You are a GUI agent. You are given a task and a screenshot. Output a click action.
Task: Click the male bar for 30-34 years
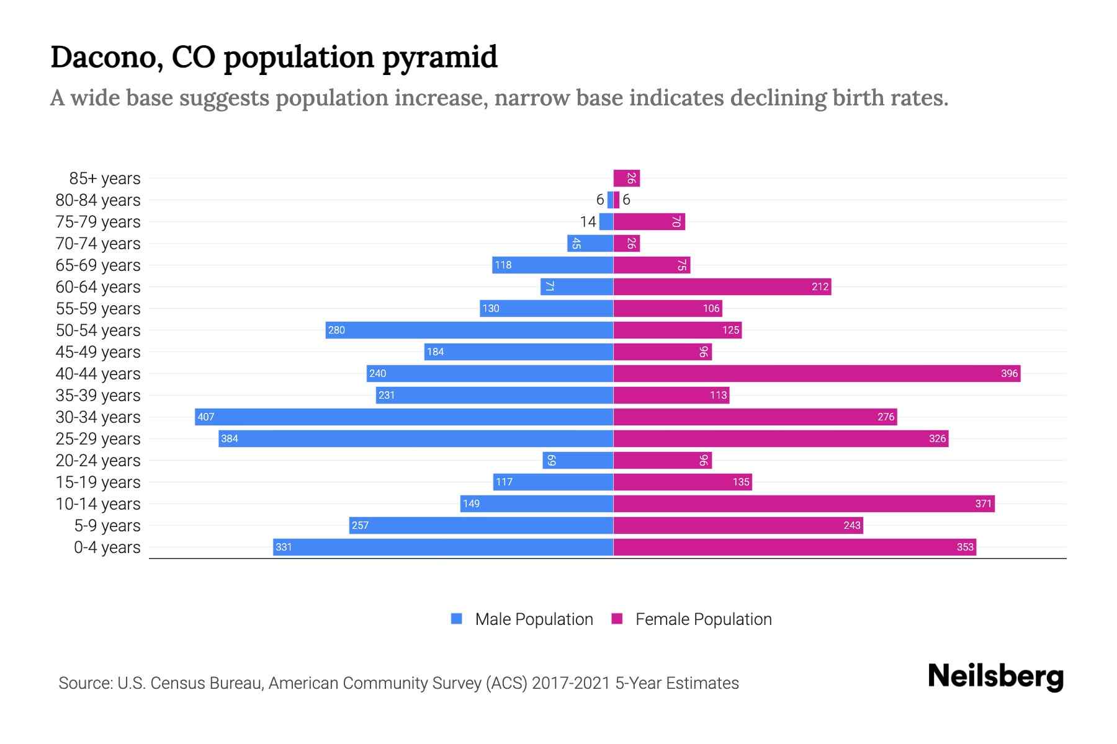(403, 417)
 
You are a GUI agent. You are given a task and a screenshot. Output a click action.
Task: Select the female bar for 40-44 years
(817, 373)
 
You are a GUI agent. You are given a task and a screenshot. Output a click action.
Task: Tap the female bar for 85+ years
(626, 179)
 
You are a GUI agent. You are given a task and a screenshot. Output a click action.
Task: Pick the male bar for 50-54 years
(469, 330)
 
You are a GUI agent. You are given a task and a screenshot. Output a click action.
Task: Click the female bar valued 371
(804, 503)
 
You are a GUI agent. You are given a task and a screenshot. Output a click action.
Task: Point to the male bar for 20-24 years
(578, 460)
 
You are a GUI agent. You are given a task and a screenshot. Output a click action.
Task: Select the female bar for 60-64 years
(722, 286)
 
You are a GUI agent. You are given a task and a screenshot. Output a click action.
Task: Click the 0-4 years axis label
(107, 547)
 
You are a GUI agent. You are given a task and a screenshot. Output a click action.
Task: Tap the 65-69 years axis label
(98, 265)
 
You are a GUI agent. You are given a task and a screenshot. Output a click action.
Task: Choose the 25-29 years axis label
(98, 439)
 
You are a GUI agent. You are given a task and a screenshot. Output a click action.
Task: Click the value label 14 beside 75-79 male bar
(588, 222)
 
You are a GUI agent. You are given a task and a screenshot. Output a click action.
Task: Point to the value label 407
(205, 417)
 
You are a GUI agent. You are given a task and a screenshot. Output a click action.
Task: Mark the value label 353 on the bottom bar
(965, 547)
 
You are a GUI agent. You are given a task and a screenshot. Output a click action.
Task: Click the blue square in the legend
(457, 619)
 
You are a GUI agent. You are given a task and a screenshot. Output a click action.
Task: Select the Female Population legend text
(703, 619)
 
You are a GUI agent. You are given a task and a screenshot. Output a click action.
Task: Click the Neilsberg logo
(995, 676)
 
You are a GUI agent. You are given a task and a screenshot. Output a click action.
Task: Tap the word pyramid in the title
(439, 57)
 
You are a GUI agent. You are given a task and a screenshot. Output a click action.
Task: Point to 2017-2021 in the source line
(571, 683)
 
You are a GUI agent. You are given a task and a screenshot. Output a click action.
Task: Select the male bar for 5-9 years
(481, 525)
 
